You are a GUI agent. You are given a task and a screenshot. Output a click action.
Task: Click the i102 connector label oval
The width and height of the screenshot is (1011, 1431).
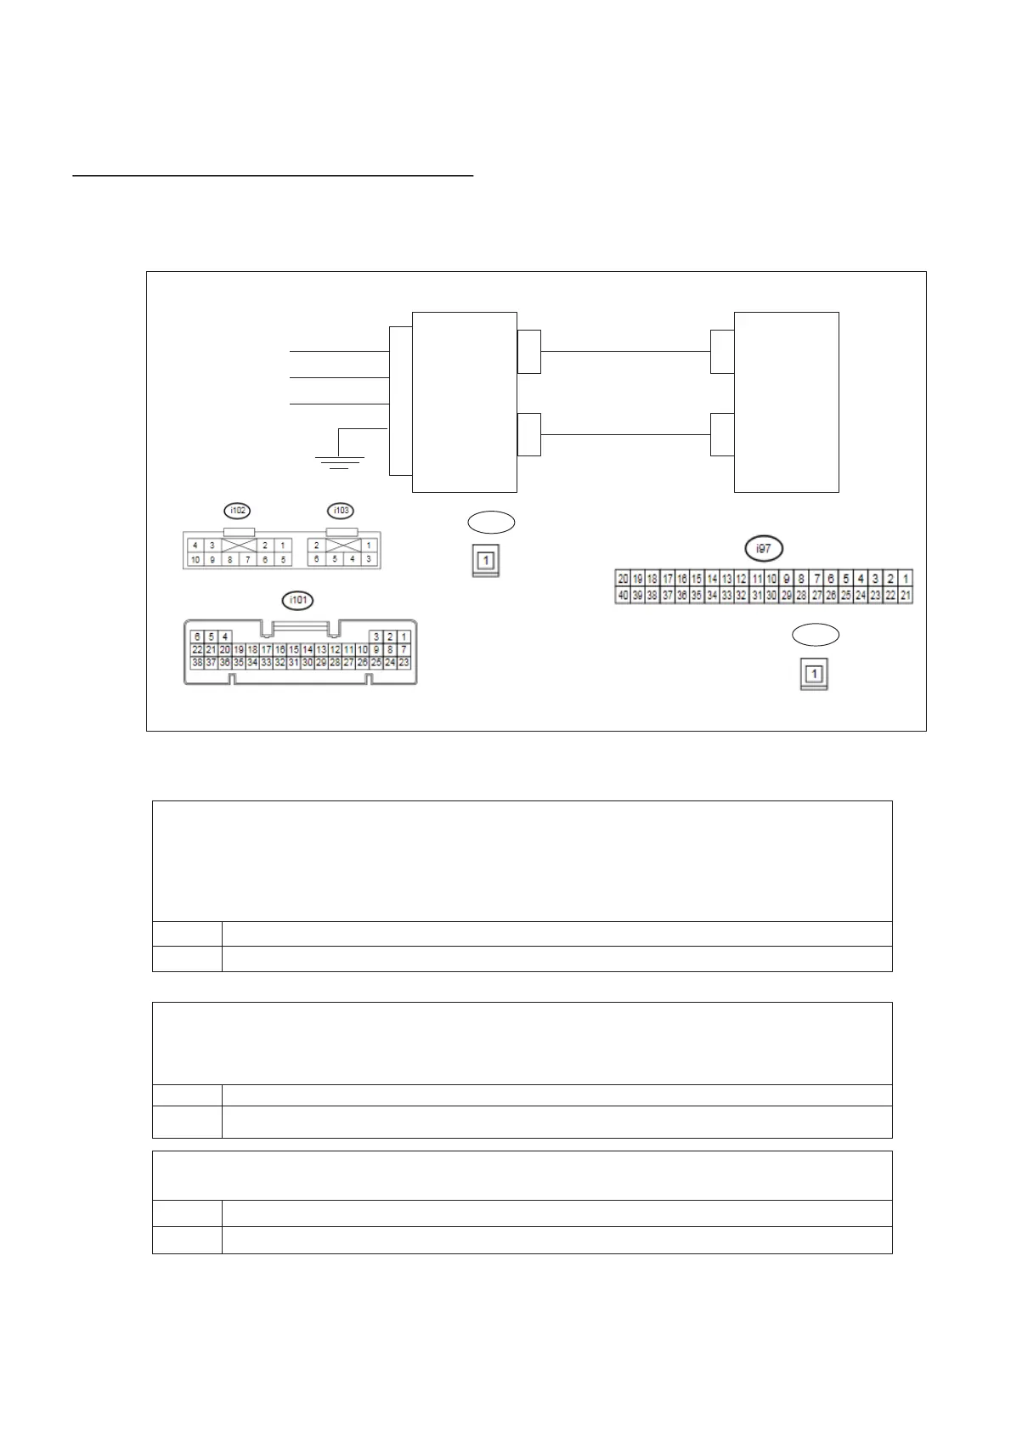(238, 511)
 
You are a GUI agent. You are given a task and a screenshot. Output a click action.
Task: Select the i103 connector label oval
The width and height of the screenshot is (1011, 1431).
(341, 511)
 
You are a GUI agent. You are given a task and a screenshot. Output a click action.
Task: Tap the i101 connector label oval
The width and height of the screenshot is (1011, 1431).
(297, 601)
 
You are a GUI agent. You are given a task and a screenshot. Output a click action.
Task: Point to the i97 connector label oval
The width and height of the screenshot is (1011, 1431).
(764, 549)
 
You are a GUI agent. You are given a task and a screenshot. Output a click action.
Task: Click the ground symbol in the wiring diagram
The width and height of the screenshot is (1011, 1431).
(339, 461)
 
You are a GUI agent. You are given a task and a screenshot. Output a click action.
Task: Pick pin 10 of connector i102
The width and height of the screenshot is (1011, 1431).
(195, 560)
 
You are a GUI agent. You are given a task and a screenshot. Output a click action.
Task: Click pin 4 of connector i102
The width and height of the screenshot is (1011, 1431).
(195, 546)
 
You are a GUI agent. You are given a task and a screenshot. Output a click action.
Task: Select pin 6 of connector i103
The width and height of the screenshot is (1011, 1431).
(317, 559)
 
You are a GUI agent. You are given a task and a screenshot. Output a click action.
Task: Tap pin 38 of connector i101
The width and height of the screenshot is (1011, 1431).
(197, 662)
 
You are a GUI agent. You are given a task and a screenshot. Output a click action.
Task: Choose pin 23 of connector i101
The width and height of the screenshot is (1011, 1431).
(404, 662)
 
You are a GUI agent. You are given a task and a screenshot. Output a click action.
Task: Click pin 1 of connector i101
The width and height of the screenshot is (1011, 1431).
(404, 636)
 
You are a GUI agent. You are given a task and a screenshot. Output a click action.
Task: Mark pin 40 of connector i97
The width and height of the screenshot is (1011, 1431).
(623, 596)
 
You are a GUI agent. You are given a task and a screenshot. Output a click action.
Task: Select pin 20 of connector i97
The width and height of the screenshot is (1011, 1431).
(623, 579)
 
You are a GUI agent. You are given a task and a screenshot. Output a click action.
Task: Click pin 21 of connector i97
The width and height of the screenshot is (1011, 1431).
(906, 596)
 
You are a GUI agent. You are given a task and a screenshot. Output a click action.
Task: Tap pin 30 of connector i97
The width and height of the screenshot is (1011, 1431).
(771, 596)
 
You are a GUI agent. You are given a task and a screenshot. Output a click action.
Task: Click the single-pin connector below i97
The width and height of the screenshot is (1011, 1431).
(814, 675)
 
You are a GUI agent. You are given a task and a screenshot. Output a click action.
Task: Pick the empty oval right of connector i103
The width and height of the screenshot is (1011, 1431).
(491, 522)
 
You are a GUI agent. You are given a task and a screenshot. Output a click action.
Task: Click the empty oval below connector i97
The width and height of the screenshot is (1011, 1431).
(816, 634)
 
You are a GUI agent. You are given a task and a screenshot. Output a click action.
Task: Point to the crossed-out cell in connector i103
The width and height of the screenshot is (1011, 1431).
(342, 545)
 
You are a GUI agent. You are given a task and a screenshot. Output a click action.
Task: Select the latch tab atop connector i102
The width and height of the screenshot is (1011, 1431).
(238, 531)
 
